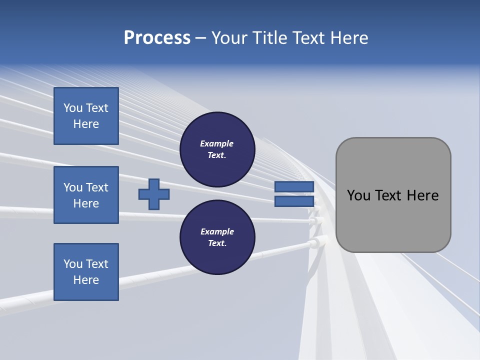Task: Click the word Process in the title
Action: [157, 38]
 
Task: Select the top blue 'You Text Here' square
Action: [86, 116]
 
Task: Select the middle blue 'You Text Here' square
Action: [86, 195]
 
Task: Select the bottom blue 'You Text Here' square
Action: [86, 272]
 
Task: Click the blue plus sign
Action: [154, 194]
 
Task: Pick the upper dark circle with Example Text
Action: [217, 149]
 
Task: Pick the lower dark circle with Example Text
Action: [217, 237]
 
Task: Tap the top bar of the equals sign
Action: [294, 187]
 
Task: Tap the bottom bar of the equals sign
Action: [294, 201]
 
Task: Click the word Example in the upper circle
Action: [217, 143]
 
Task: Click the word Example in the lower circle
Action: [217, 231]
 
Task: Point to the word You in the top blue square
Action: [73, 108]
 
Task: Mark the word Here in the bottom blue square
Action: [86, 280]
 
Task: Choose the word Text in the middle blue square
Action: [96, 187]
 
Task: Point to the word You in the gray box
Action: [358, 195]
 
